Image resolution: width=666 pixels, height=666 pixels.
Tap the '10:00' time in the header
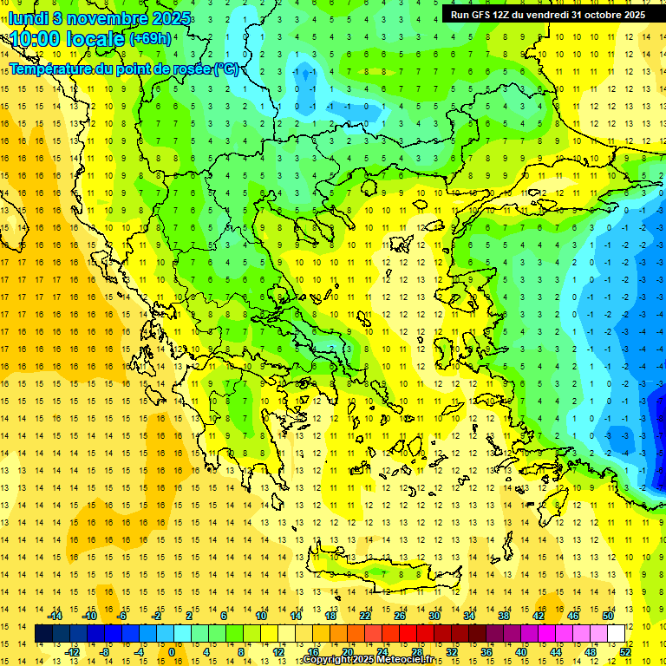point(35,39)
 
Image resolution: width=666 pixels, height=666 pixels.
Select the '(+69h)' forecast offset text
point(150,39)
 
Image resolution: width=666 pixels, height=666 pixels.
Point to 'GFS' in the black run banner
point(483,15)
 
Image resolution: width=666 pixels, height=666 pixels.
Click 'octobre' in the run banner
point(597,15)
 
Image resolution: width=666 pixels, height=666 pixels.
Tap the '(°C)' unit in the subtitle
point(225,69)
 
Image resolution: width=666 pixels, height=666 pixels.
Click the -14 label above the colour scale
point(56,616)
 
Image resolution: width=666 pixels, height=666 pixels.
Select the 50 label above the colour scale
point(607,616)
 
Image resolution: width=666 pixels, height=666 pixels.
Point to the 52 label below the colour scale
point(624,652)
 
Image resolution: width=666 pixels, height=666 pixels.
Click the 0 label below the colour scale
point(171,652)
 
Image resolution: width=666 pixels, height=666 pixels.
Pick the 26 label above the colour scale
point(400,616)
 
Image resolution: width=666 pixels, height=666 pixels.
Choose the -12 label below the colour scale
point(73,652)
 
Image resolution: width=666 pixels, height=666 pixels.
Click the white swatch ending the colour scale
point(616,634)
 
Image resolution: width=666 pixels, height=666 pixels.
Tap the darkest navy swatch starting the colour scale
point(43,634)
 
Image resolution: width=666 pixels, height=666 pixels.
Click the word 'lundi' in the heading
point(28,18)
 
